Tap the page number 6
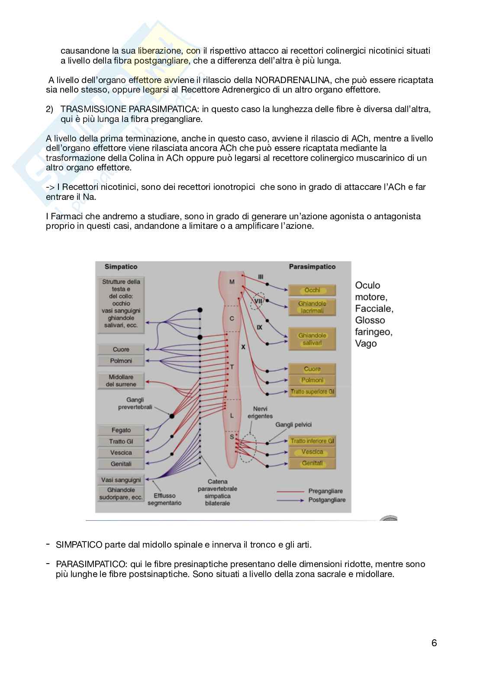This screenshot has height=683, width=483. point(434,643)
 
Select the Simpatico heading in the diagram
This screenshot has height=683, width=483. point(121,266)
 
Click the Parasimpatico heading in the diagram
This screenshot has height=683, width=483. point(312,266)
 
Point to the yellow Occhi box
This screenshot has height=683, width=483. point(312,290)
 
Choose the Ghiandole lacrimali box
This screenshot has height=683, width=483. point(312,307)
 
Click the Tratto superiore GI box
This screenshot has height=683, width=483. point(312,391)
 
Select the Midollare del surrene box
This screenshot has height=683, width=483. point(121,381)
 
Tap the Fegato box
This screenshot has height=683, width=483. point(121,430)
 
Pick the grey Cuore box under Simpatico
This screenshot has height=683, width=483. point(121,350)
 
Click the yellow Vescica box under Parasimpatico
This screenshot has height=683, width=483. point(312,452)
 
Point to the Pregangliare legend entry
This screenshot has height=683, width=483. point(325,491)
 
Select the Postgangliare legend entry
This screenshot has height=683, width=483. point(327,500)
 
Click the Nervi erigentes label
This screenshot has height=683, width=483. point(260,412)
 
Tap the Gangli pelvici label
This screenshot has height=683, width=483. point(293,424)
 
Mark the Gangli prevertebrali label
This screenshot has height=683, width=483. point(135,403)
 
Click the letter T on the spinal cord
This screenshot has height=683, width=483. point(232,367)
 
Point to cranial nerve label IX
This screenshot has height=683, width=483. point(259,327)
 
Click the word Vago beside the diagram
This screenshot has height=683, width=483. point(366,343)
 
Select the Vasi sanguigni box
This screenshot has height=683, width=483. point(121,480)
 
